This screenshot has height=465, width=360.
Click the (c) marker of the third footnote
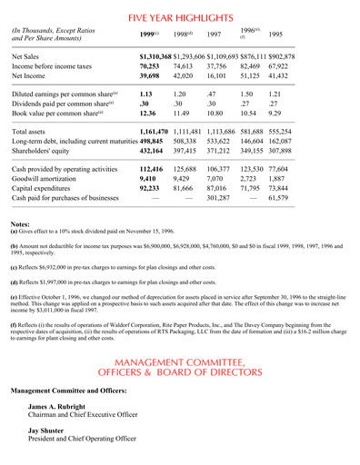[15, 290]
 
